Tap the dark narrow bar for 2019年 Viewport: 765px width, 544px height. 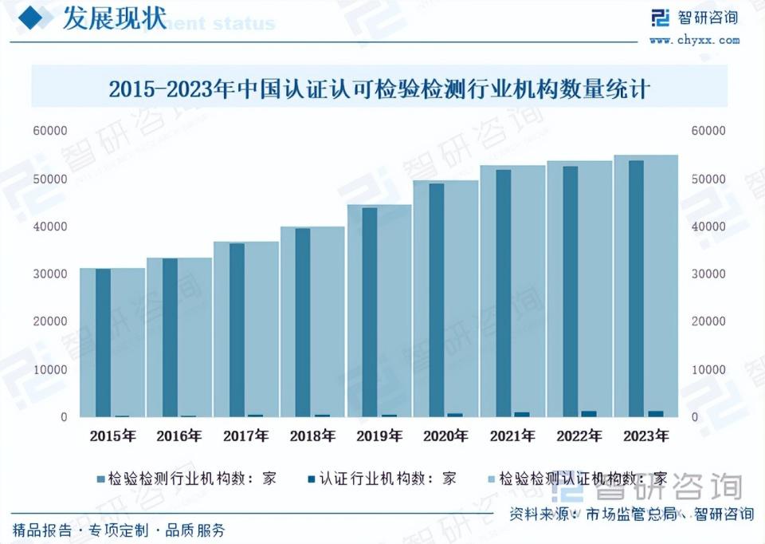coord(369,312)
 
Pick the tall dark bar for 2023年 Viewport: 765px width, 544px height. coord(636,289)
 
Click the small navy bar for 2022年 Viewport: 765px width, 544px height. coord(589,413)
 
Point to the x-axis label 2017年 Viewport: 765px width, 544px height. coord(245,436)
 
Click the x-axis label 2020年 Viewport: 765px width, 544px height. coord(445,436)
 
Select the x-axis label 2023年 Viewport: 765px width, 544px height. coord(645,436)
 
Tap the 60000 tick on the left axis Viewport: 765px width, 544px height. coord(50,130)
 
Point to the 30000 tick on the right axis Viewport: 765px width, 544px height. coord(709,274)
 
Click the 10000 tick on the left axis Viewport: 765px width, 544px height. coord(50,369)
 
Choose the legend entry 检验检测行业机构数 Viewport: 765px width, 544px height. coord(186,479)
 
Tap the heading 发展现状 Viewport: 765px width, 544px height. coord(103,20)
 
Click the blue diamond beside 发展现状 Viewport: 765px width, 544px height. coord(30,18)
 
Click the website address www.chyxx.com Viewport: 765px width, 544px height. coord(694,40)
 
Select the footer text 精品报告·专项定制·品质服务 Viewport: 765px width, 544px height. coord(119,530)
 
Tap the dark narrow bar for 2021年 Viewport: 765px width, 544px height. coord(503,293)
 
